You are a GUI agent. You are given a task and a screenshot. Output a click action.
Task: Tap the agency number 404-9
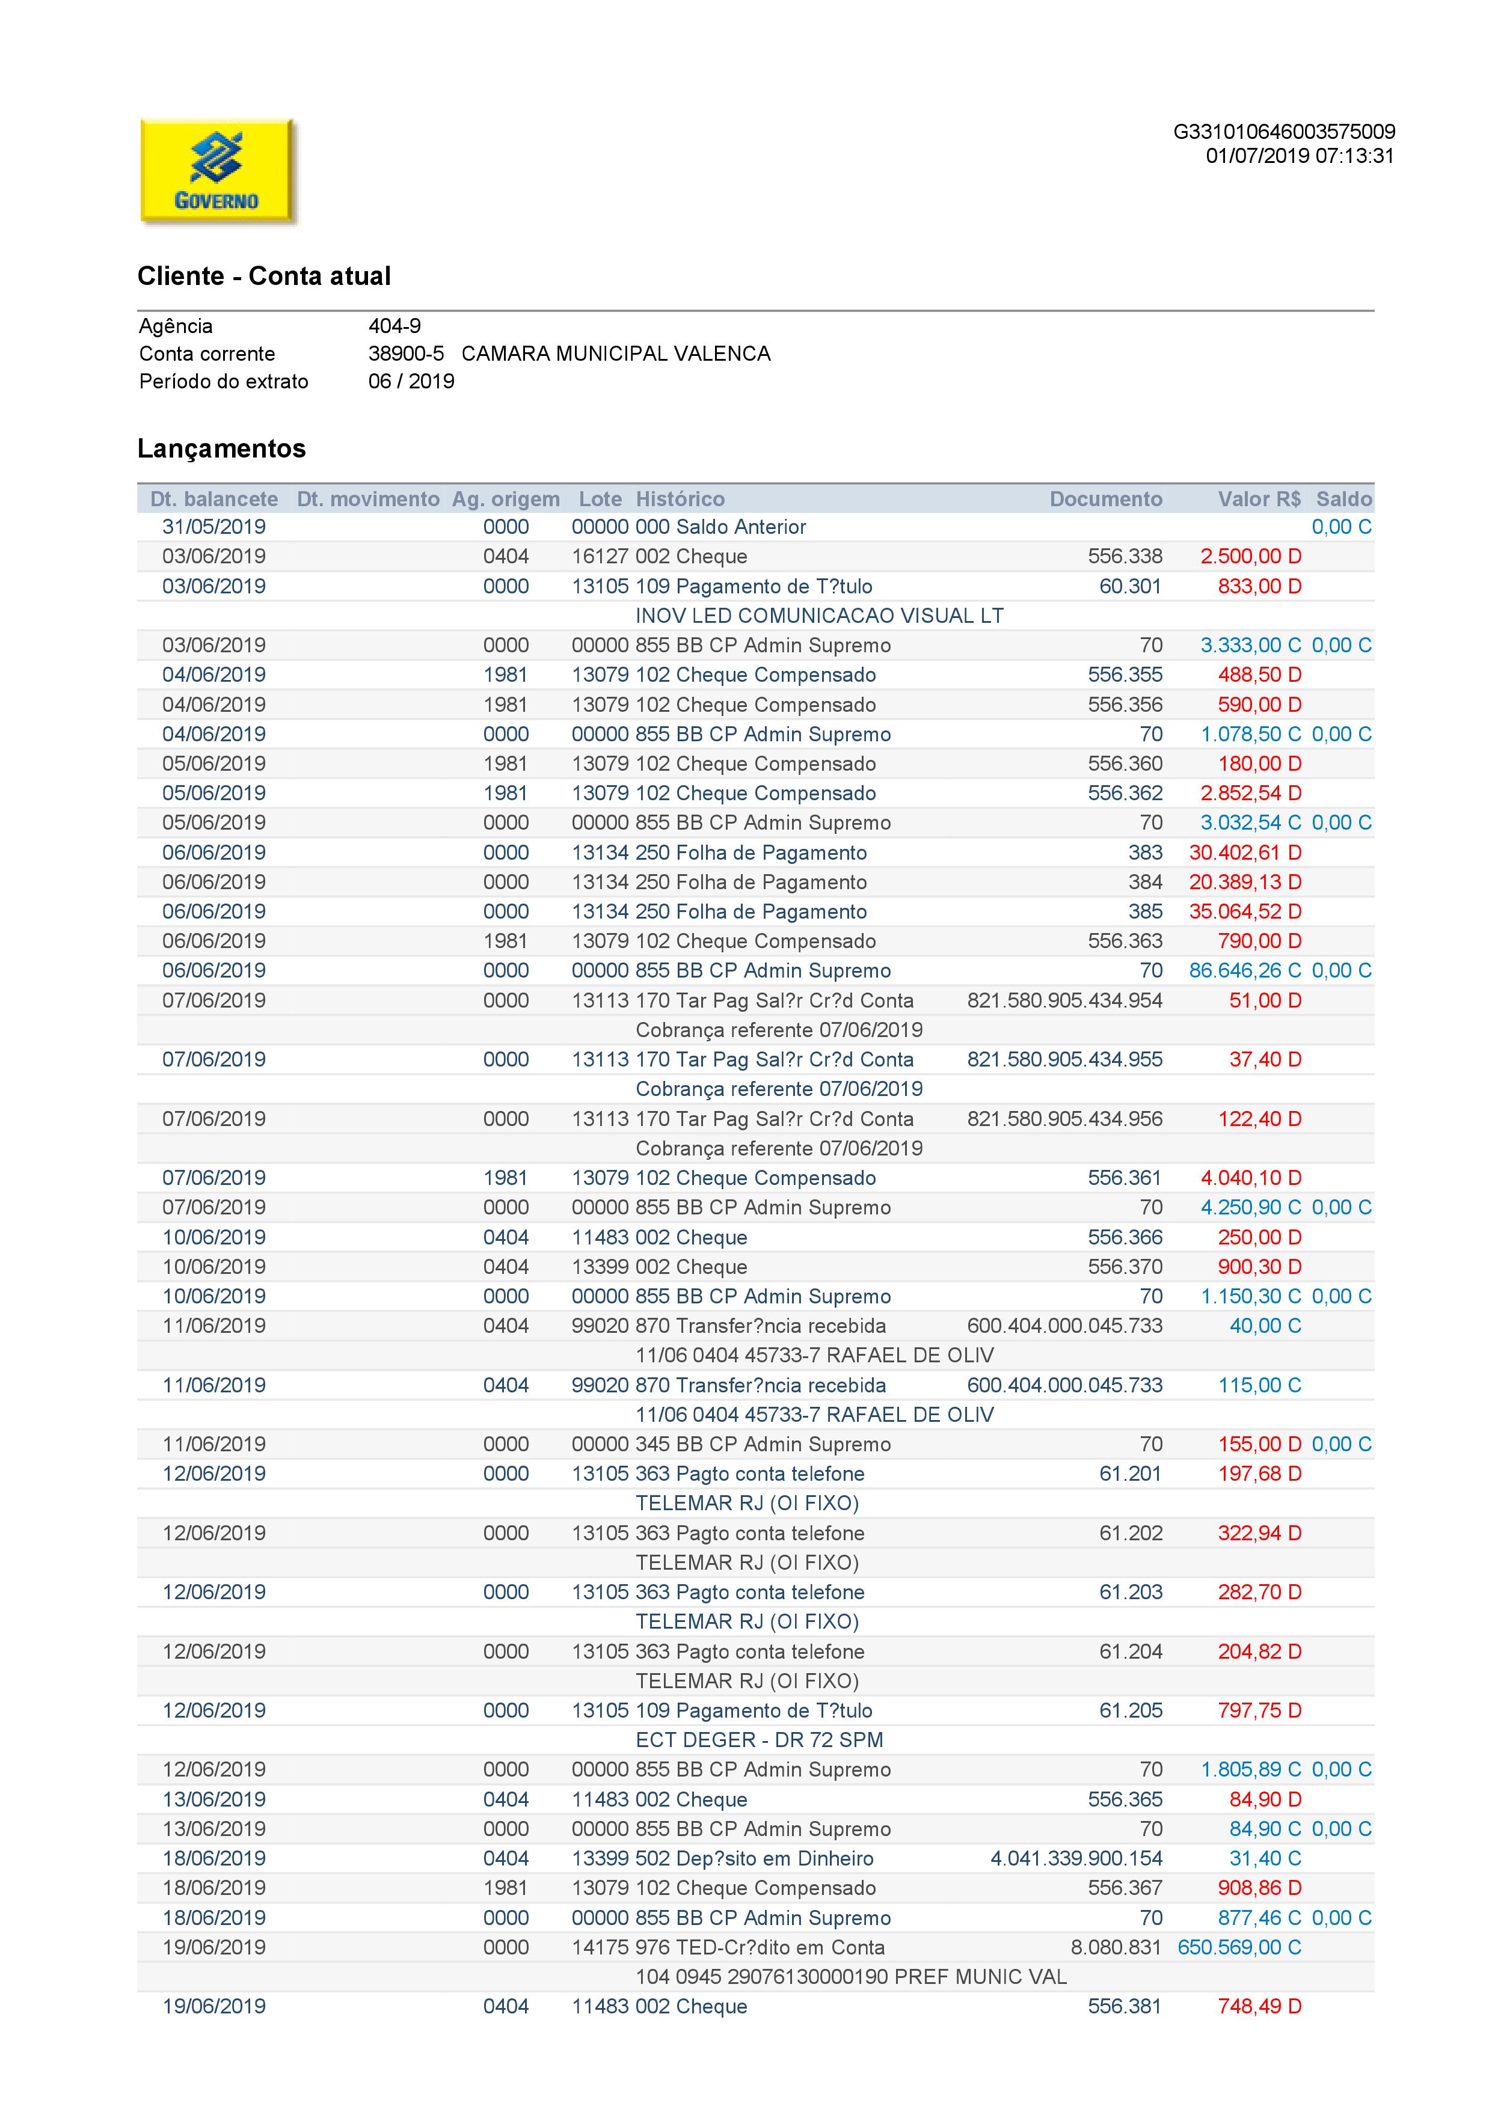pyautogui.click(x=394, y=326)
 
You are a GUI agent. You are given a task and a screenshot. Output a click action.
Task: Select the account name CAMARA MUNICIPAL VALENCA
pyautogui.click(x=616, y=354)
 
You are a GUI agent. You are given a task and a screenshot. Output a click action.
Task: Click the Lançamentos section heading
pyautogui.click(x=221, y=448)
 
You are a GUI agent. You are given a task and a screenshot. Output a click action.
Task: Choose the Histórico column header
pyautogui.click(x=680, y=499)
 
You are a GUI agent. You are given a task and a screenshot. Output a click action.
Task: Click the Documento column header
pyautogui.click(x=1105, y=499)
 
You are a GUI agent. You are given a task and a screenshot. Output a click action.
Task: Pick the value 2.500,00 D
pyautogui.click(x=1250, y=557)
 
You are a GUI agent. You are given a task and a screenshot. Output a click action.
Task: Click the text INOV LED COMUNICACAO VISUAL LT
pyautogui.click(x=820, y=616)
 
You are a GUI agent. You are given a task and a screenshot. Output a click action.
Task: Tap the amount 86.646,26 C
pyautogui.click(x=1245, y=971)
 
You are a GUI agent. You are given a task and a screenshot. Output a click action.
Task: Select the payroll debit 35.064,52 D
pyautogui.click(x=1245, y=911)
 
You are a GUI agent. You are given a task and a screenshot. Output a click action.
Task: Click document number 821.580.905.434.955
pyautogui.click(x=1065, y=1059)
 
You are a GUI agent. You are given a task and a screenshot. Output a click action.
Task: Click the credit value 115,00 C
pyautogui.click(x=1259, y=1385)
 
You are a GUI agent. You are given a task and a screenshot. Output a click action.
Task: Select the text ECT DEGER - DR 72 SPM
pyautogui.click(x=759, y=1740)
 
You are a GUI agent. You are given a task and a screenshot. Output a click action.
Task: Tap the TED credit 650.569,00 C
pyautogui.click(x=1239, y=1947)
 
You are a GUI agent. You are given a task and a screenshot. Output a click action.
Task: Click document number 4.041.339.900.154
pyautogui.click(x=1076, y=1858)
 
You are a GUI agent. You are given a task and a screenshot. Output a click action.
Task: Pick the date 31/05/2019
pyautogui.click(x=214, y=527)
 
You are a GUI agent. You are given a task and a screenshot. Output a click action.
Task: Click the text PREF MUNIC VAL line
pyautogui.click(x=851, y=1977)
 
